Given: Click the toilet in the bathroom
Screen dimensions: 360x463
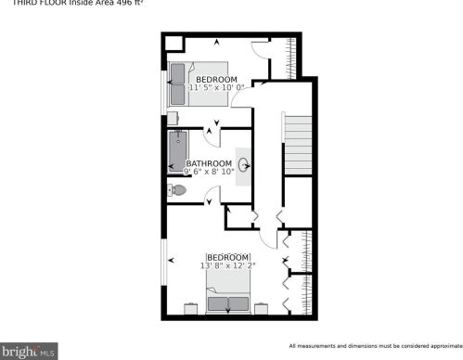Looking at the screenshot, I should coord(177,191).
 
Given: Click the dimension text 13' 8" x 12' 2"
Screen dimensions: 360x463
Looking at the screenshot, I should coord(227,265).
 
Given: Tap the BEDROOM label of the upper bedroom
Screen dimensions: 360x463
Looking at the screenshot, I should coord(216,79).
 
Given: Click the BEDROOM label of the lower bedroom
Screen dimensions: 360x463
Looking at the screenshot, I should coord(227,256).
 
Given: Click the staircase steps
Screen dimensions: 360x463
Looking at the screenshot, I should coord(297,143).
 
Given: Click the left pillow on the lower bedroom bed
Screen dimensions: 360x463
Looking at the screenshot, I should coord(218,303).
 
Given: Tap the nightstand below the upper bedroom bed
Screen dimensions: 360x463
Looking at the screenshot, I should coord(174,117).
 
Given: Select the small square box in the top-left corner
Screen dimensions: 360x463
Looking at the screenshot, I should coord(172,43).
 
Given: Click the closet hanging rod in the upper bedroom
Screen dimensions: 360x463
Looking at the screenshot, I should coord(295,58).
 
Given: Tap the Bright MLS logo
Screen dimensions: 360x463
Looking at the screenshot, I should coord(29,352).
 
